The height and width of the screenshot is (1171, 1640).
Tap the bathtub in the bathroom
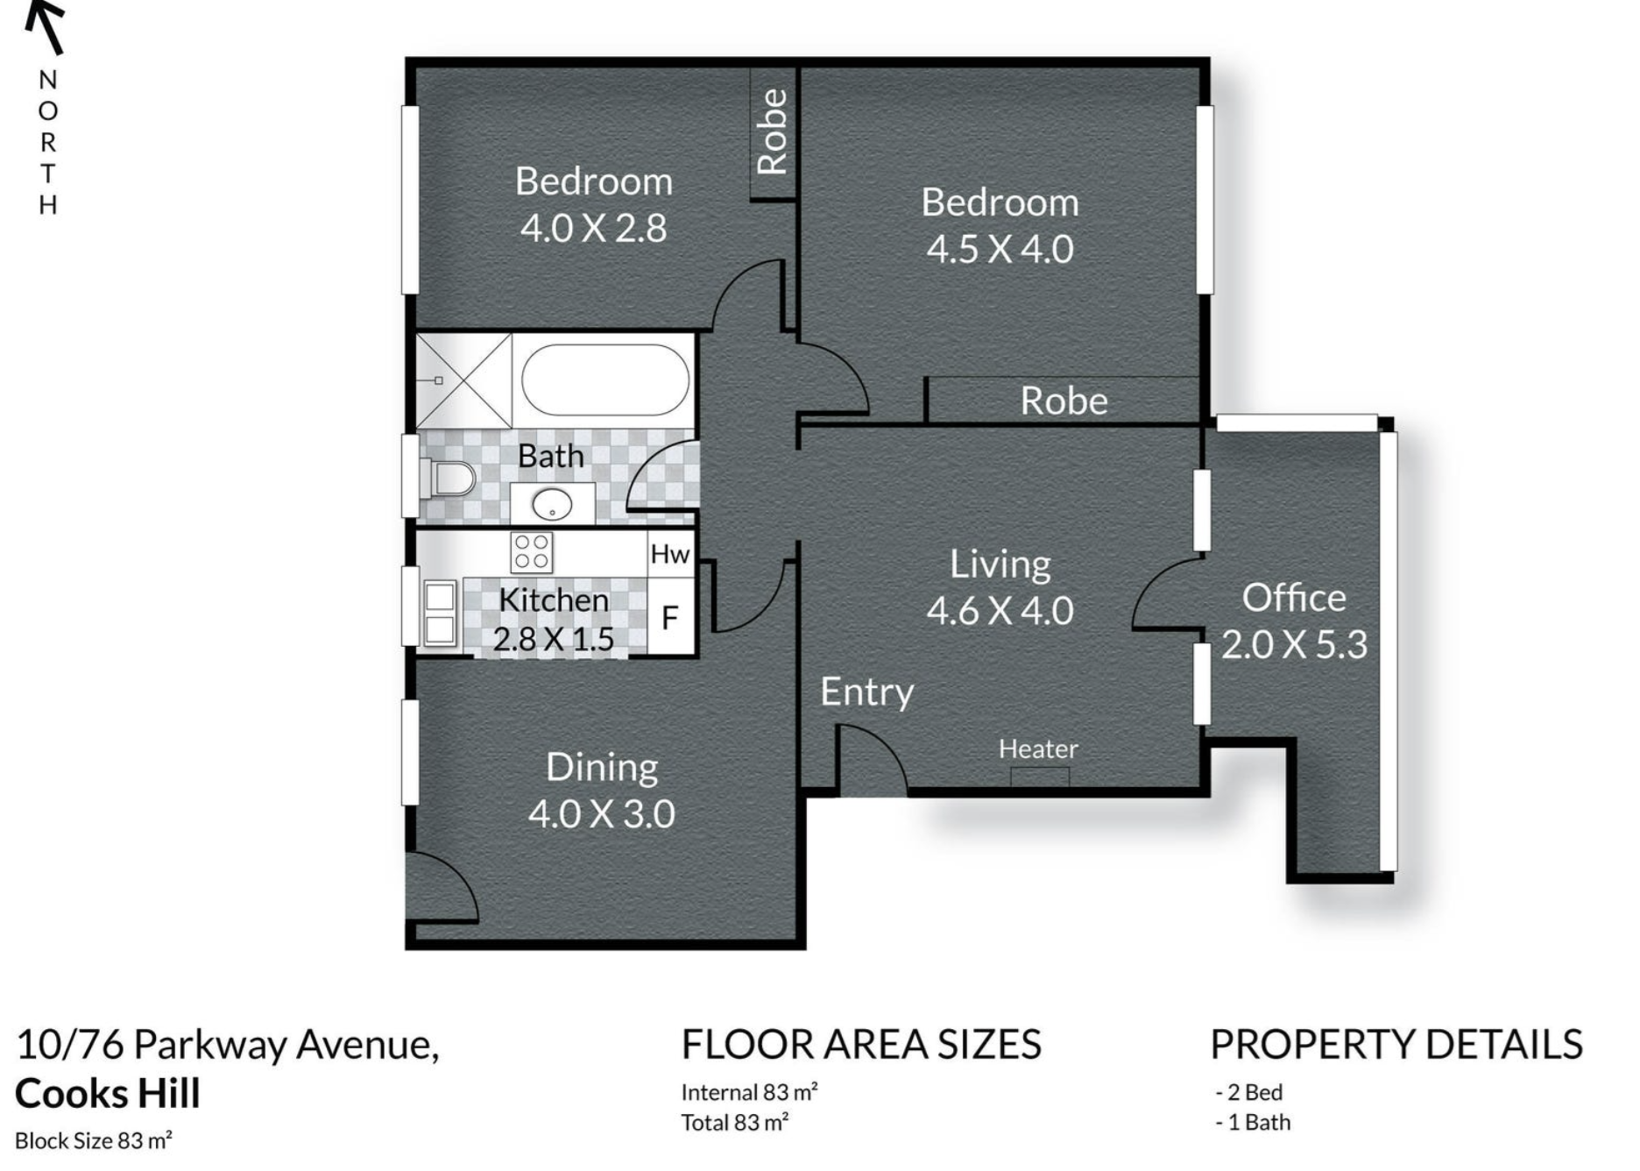(604, 380)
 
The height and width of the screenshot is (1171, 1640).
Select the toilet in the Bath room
(449, 479)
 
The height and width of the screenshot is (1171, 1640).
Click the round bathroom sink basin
(552, 504)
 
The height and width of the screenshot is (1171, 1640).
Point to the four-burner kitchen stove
(532, 552)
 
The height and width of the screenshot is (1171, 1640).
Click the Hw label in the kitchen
(670, 554)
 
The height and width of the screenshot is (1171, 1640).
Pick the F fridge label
(670, 619)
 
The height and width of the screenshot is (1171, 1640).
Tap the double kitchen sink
(439, 614)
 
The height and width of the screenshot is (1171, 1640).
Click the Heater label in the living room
(1038, 749)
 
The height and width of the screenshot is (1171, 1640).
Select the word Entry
(866, 692)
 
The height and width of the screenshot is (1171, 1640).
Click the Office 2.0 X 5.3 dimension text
(1294, 645)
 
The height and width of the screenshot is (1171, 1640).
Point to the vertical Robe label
(772, 131)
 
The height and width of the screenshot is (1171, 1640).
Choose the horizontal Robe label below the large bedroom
(1064, 401)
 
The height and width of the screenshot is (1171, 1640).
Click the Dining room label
(602, 768)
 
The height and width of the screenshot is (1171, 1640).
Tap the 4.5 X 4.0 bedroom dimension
(1000, 250)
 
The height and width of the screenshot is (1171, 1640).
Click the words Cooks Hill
(108, 1094)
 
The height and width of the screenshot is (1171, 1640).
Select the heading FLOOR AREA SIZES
(861, 1045)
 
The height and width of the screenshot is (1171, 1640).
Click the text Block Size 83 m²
(94, 1140)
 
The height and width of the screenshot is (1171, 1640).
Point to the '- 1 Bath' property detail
(1253, 1122)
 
